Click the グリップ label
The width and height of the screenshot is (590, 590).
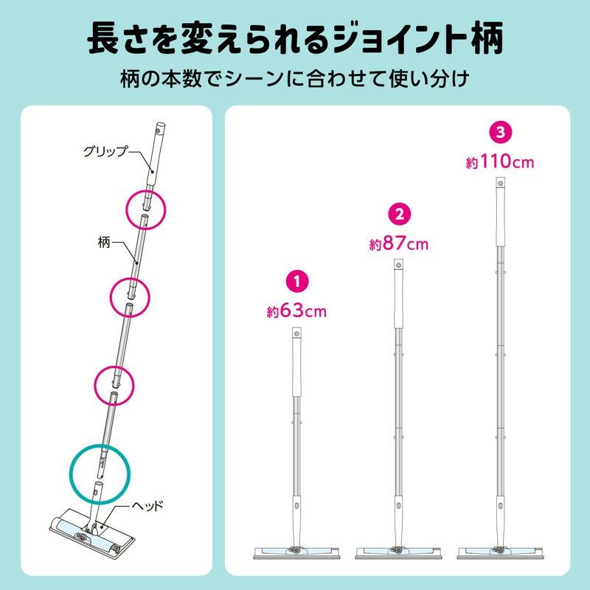pyautogui.click(x=105, y=151)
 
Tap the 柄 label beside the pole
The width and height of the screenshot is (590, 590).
pyautogui.click(x=103, y=243)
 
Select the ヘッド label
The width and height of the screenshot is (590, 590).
pyautogui.click(x=147, y=505)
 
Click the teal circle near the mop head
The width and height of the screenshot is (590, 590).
pyautogui.click(x=100, y=445)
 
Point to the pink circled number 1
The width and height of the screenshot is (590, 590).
pyautogui.click(x=297, y=281)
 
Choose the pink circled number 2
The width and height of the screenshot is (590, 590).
pyautogui.click(x=399, y=214)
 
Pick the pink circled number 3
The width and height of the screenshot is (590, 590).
pyautogui.click(x=500, y=132)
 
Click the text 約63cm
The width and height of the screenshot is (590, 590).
pyautogui.click(x=296, y=311)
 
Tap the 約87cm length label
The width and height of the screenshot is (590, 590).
pyautogui.click(x=399, y=244)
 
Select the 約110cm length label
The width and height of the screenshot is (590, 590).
pyautogui.click(x=500, y=162)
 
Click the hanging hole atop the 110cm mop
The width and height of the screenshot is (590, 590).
pyautogui.click(x=501, y=184)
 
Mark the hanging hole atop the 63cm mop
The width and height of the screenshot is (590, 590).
pyautogui.click(x=297, y=333)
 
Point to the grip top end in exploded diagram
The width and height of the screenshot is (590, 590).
pyautogui.click(x=160, y=126)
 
